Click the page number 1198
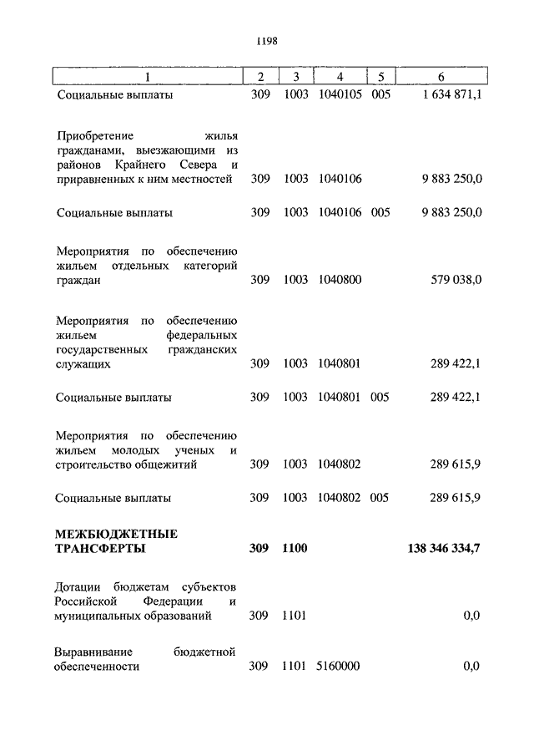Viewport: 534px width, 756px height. point(267,39)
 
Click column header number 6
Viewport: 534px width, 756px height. point(441,77)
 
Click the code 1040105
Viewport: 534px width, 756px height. point(339,95)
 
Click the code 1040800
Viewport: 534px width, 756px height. point(339,280)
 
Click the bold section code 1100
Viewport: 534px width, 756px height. point(295,548)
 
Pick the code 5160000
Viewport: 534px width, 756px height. point(339,666)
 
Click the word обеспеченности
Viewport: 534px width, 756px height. point(98,666)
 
